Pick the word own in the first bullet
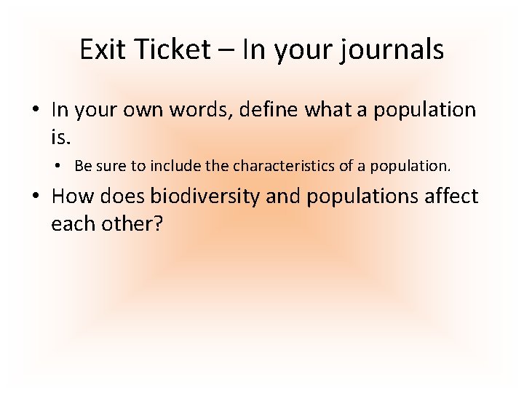140,110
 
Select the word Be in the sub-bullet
83,166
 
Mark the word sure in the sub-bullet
112,166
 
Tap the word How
74,196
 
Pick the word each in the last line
71,223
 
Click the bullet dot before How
36,196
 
